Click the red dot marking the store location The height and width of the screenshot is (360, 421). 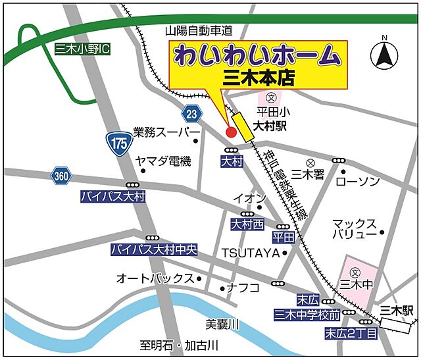point(231,132)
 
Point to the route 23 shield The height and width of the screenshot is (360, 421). point(191,113)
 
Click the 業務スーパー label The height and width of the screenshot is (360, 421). point(161,132)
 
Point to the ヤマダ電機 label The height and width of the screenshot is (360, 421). point(162,161)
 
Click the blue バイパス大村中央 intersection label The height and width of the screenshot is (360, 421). point(154,250)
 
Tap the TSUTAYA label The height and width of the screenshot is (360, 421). point(250,253)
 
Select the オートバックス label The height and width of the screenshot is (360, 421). point(155,278)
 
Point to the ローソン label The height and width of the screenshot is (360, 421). point(358,180)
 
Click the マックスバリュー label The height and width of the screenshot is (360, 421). point(355,228)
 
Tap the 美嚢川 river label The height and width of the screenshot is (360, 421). point(222,324)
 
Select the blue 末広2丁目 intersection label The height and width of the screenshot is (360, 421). point(351,334)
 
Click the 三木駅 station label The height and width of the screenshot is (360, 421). point(399,309)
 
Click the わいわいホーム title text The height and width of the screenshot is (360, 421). point(258,55)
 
